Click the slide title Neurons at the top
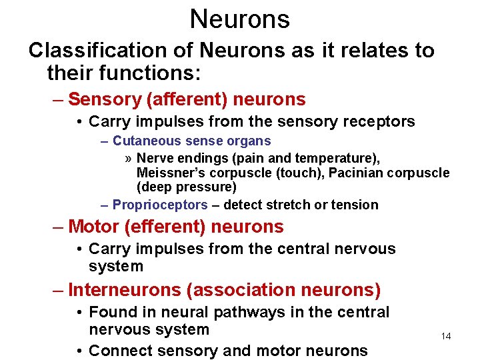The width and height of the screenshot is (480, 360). tap(239, 19)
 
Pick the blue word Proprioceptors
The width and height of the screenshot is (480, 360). tap(160, 205)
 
